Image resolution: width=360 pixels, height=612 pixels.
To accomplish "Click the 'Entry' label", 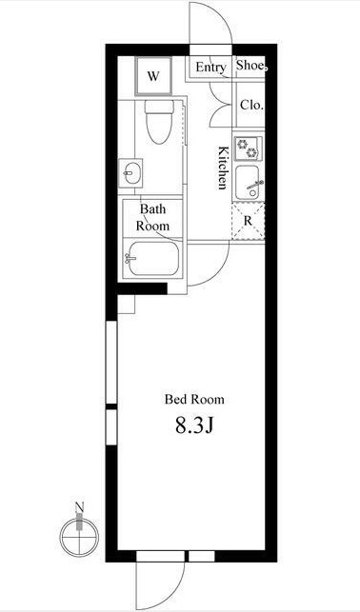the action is click(210, 68).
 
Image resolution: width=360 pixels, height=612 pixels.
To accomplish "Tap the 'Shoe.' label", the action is click(251, 66).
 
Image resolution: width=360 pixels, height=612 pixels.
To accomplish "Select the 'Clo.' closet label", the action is click(251, 105).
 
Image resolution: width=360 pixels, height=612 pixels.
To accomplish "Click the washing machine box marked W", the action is click(153, 76).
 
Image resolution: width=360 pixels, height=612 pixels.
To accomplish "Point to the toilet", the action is click(159, 122).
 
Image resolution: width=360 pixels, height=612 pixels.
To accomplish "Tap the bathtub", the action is click(152, 258).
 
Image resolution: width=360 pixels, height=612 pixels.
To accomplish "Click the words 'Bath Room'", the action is click(152, 217).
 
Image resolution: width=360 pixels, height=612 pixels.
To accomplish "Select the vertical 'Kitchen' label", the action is click(223, 168).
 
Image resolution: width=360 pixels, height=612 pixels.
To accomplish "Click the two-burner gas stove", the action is click(248, 148).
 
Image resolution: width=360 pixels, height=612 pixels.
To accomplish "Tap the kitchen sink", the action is click(248, 183).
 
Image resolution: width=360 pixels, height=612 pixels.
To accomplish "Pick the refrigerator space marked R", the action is click(248, 221).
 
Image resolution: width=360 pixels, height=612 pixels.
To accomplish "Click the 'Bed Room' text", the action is click(194, 400).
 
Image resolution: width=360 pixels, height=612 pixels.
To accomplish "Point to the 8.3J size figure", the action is click(193, 426).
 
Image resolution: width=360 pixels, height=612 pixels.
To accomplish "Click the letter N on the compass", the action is click(80, 507).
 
